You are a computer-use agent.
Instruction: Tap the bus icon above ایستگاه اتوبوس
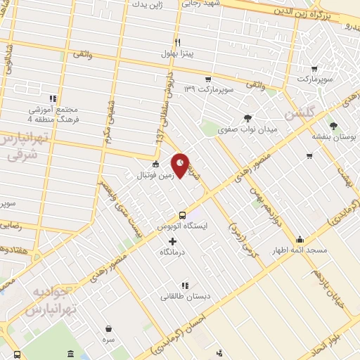[x=182, y=215]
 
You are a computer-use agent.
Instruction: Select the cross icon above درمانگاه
[x=173, y=241]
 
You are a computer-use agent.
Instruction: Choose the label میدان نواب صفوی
[x=248, y=130]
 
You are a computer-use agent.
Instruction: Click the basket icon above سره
[x=109, y=328]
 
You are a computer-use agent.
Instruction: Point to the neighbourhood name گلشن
[x=297, y=112]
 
